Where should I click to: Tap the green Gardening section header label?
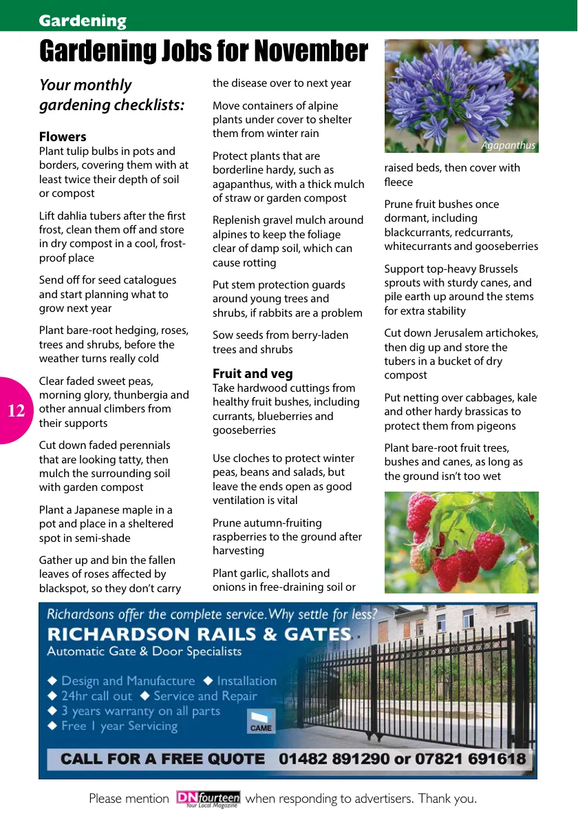coord(83,21)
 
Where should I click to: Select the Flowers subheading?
coord(63,136)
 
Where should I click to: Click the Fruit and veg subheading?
coord(253,374)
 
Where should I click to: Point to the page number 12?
coord(16,411)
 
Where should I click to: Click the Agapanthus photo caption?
coord(508,145)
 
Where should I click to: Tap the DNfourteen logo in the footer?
coord(208,799)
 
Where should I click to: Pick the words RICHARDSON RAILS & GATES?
coord(199,634)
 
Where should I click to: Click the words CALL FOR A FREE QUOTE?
coord(163,759)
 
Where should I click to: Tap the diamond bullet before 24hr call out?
coord(52,696)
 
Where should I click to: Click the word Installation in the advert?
coord(246,681)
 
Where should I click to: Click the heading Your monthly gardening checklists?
coord(111,95)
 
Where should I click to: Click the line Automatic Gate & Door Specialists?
coord(144,651)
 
